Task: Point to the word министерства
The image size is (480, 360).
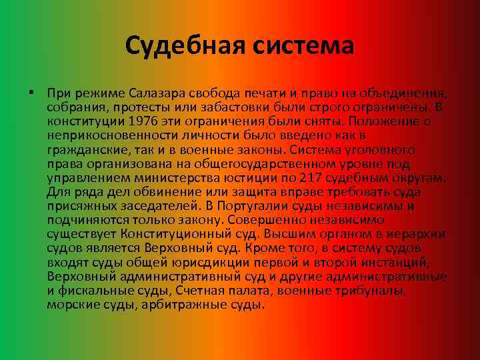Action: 180,177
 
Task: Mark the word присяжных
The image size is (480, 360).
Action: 76,206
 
